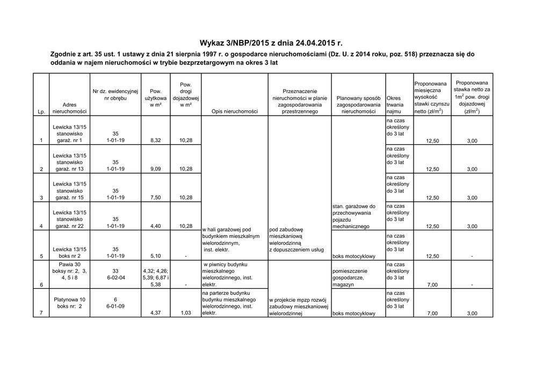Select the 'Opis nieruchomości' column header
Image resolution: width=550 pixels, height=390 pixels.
click(235, 112)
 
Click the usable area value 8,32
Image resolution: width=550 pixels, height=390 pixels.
click(156, 141)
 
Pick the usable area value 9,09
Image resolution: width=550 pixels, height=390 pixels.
click(156, 169)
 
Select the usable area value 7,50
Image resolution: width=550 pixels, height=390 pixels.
click(156, 198)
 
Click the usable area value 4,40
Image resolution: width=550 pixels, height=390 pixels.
click(156, 226)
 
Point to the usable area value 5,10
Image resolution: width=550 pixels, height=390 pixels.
click(156, 256)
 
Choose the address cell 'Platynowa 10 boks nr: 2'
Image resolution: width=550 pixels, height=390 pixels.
click(69, 303)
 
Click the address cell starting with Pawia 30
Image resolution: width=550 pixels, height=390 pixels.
click(69, 271)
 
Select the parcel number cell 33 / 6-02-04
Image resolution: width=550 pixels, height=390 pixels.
click(115, 274)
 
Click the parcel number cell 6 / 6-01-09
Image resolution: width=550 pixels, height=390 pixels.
click(115, 303)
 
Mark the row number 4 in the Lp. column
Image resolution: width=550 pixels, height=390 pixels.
click(41, 226)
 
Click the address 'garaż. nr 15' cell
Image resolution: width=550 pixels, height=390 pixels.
click(69, 198)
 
